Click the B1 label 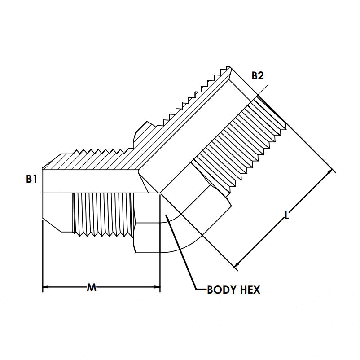pos(31,179)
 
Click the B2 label pos(257,75)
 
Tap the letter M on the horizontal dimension pos(92,287)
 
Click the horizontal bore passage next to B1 pos(90,181)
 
